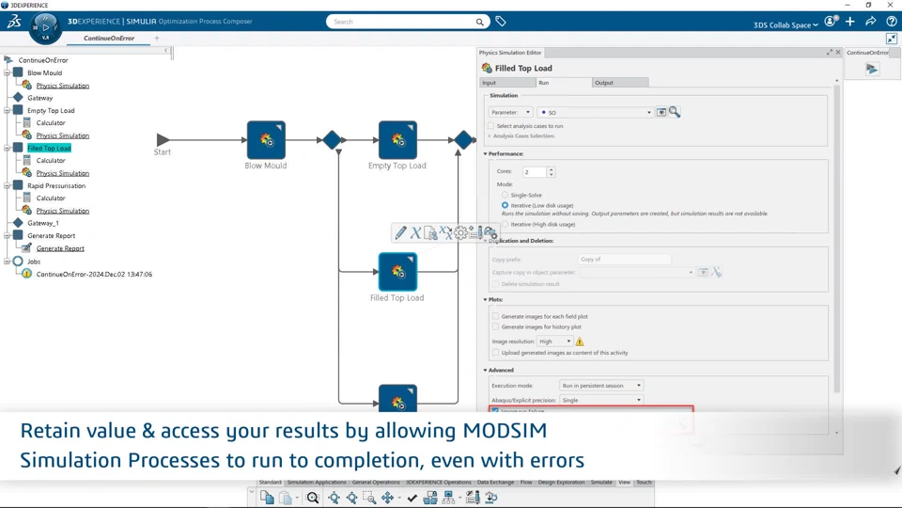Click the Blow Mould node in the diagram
(x=266, y=140)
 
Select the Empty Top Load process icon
(x=397, y=140)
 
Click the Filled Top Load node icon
(x=397, y=272)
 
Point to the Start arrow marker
(x=163, y=139)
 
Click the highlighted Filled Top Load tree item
(x=49, y=148)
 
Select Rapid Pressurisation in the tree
(x=56, y=185)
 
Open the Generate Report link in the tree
(x=60, y=248)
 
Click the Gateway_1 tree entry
(x=43, y=223)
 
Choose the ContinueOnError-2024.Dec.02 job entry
(x=94, y=274)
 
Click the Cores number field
(x=534, y=172)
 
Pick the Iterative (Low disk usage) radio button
(x=505, y=205)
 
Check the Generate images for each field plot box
(x=496, y=316)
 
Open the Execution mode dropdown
(x=600, y=386)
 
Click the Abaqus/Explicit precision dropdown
(x=600, y=400)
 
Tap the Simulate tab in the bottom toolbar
(x=601, y=483)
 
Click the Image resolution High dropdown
(x=554, y=341)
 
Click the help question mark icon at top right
(x=892, y=22)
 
